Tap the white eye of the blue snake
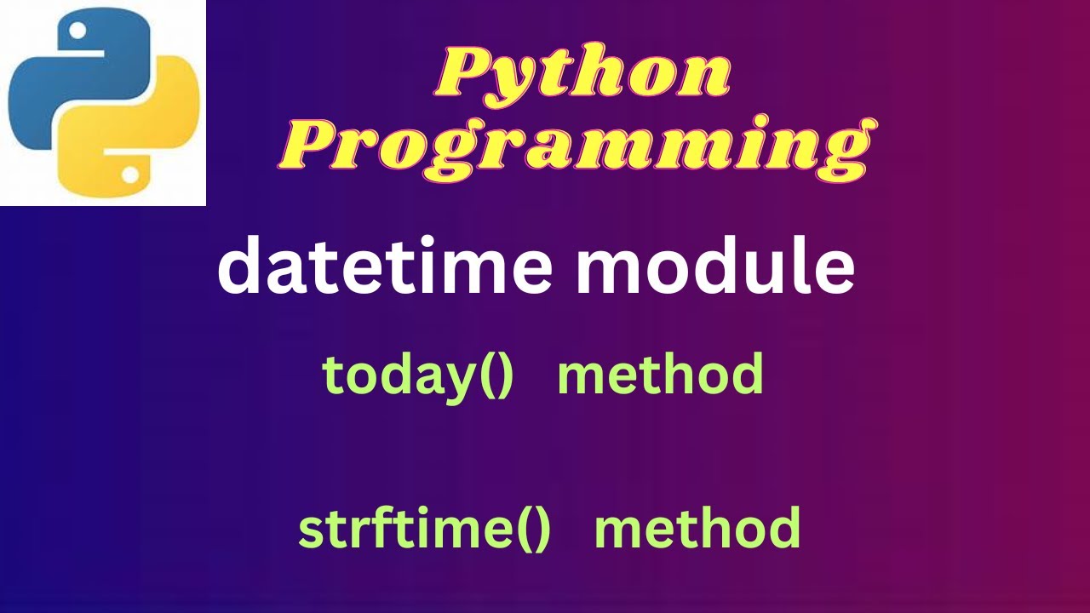[x=77, y=32]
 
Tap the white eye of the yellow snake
[x=129, y=175]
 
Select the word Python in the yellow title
[x=583, y=72]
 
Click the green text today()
[x=417, y=375]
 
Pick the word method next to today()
[x=660, y=375]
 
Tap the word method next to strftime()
[x=697, y=528]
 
